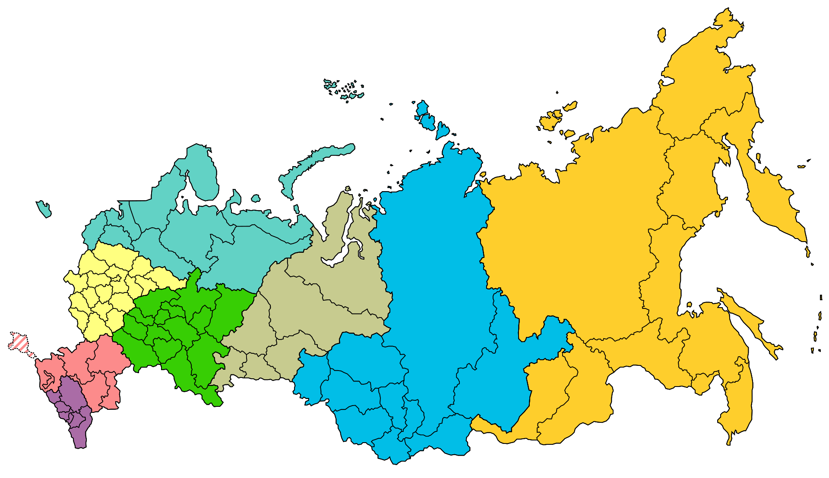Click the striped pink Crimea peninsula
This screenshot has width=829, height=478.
coord(19,342)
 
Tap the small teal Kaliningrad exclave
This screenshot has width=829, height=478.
coord(44,208)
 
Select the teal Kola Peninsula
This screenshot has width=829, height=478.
coord(203,173)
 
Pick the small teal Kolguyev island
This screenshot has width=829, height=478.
coord(256,198)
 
